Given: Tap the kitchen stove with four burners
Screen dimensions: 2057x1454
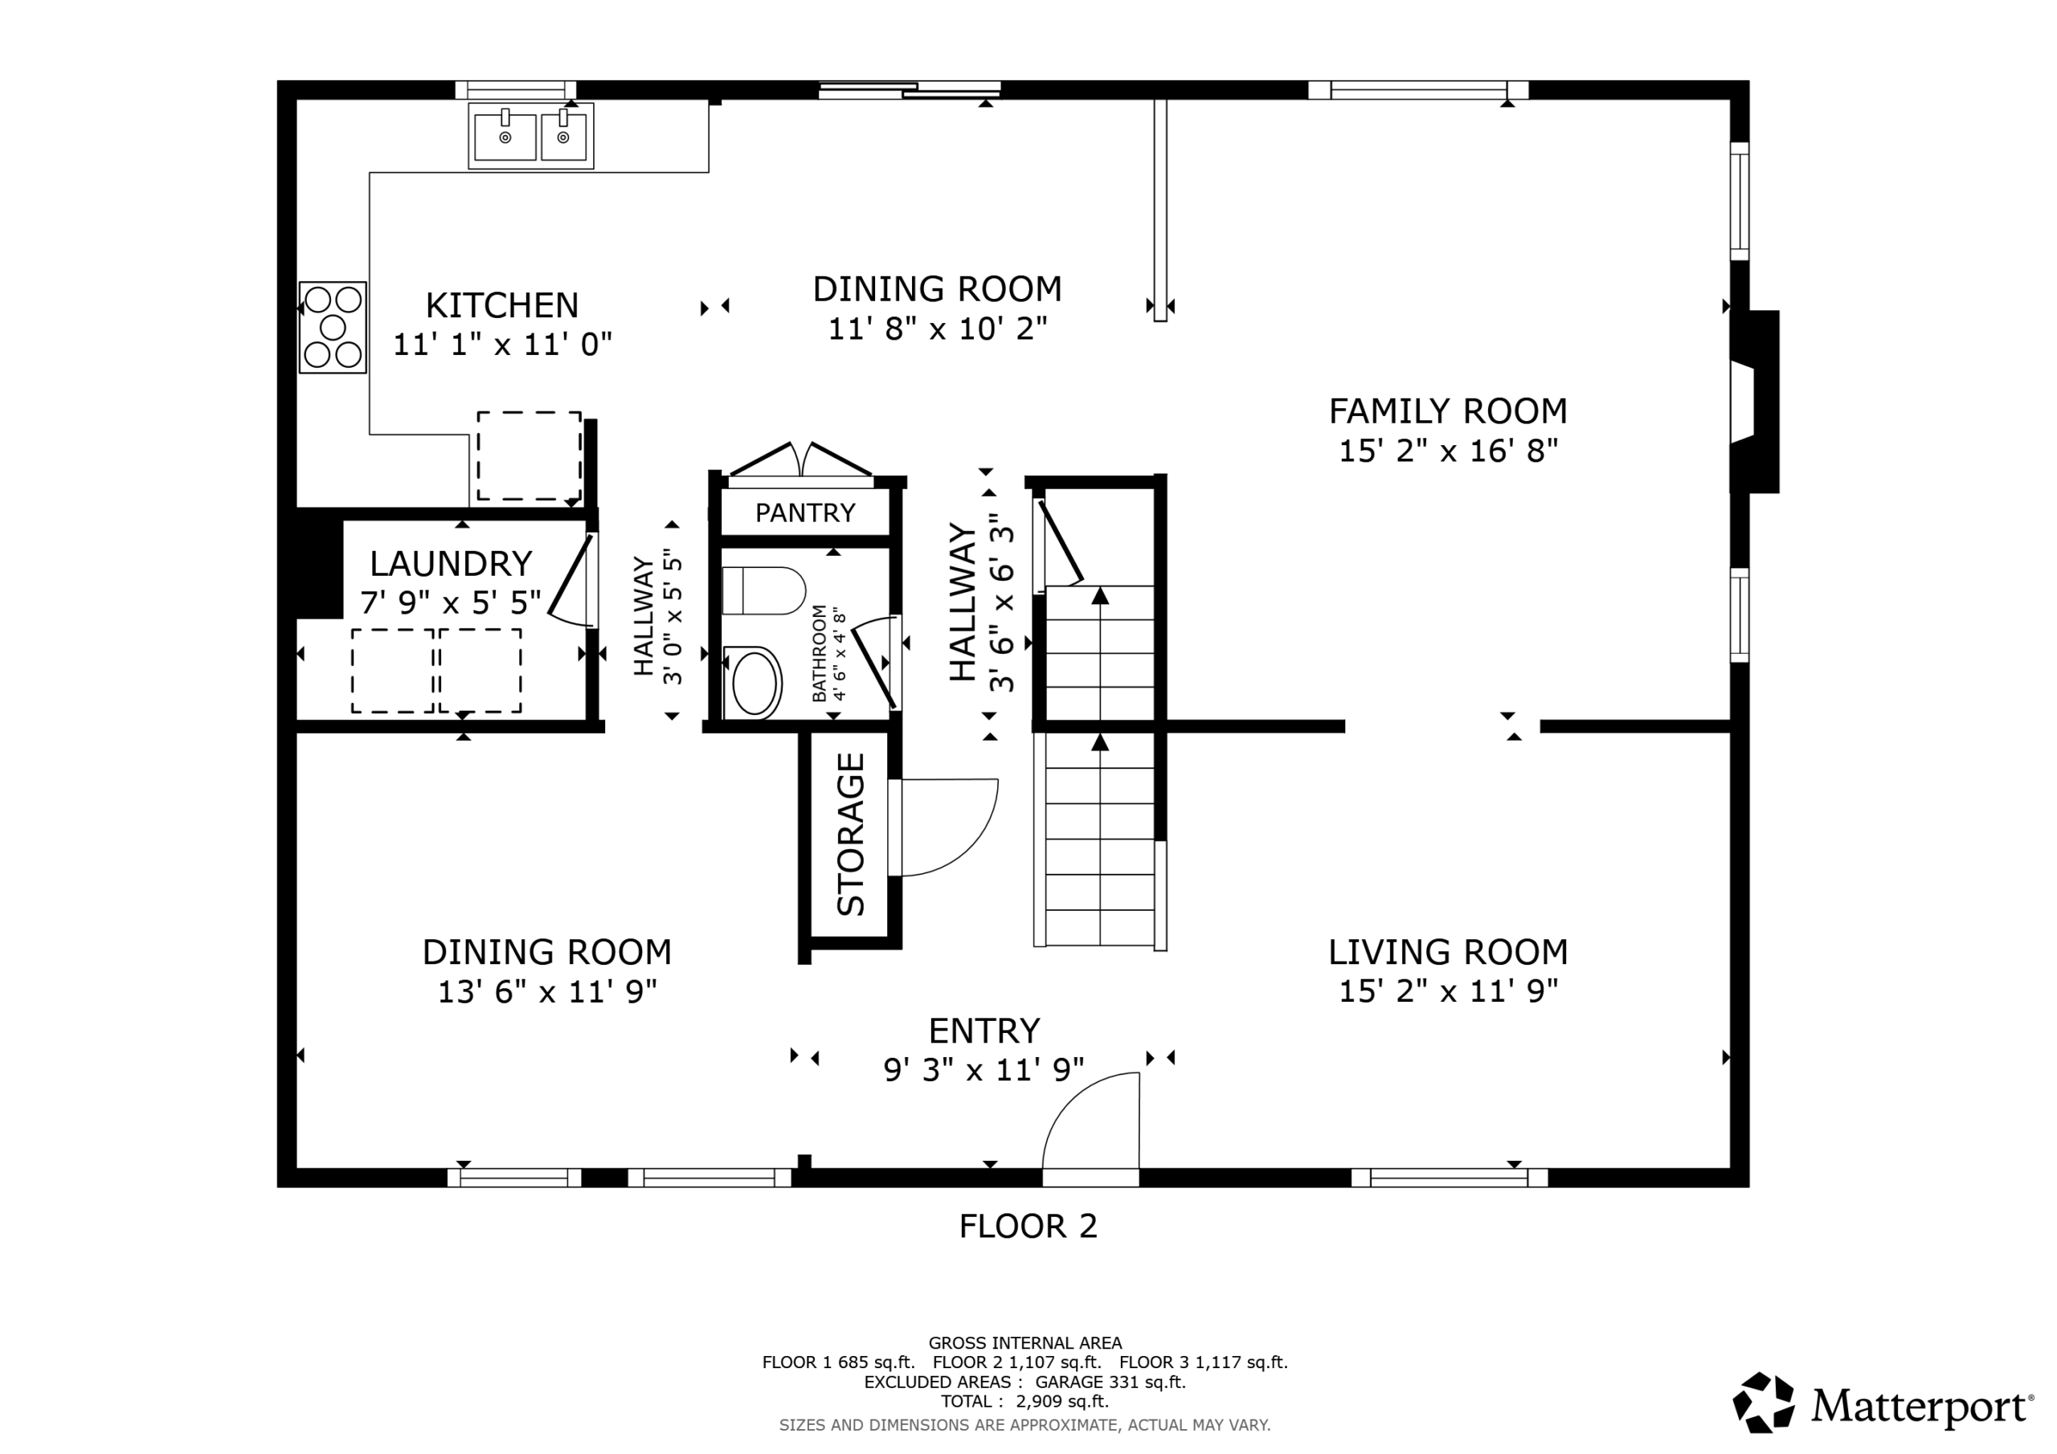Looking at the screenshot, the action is click(x=333, y=327).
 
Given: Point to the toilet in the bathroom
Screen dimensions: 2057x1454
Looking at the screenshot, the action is click(x=763, y=590).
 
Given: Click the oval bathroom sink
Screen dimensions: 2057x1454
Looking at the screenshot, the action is click(x=754, y=683).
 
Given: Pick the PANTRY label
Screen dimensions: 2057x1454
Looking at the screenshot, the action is click(x=804, y=513).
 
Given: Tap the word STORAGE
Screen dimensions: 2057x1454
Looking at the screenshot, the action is click(x=850, y=834).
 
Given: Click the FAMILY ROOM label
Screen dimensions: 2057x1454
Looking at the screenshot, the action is click(x=1448, y=411).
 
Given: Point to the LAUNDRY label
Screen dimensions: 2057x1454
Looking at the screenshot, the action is click(x=451, y=563).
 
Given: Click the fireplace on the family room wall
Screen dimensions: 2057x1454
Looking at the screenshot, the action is click(x=1753, y=402).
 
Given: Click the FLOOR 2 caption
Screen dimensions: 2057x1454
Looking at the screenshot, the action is click(x=1028, y=1227).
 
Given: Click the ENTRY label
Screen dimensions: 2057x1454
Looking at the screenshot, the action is click(x=984, y=1031).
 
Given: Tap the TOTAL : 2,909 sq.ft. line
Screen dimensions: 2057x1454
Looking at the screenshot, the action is click(x=1025, y=1401).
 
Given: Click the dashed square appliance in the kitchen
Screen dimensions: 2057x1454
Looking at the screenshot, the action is click(x=529, y=456).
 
